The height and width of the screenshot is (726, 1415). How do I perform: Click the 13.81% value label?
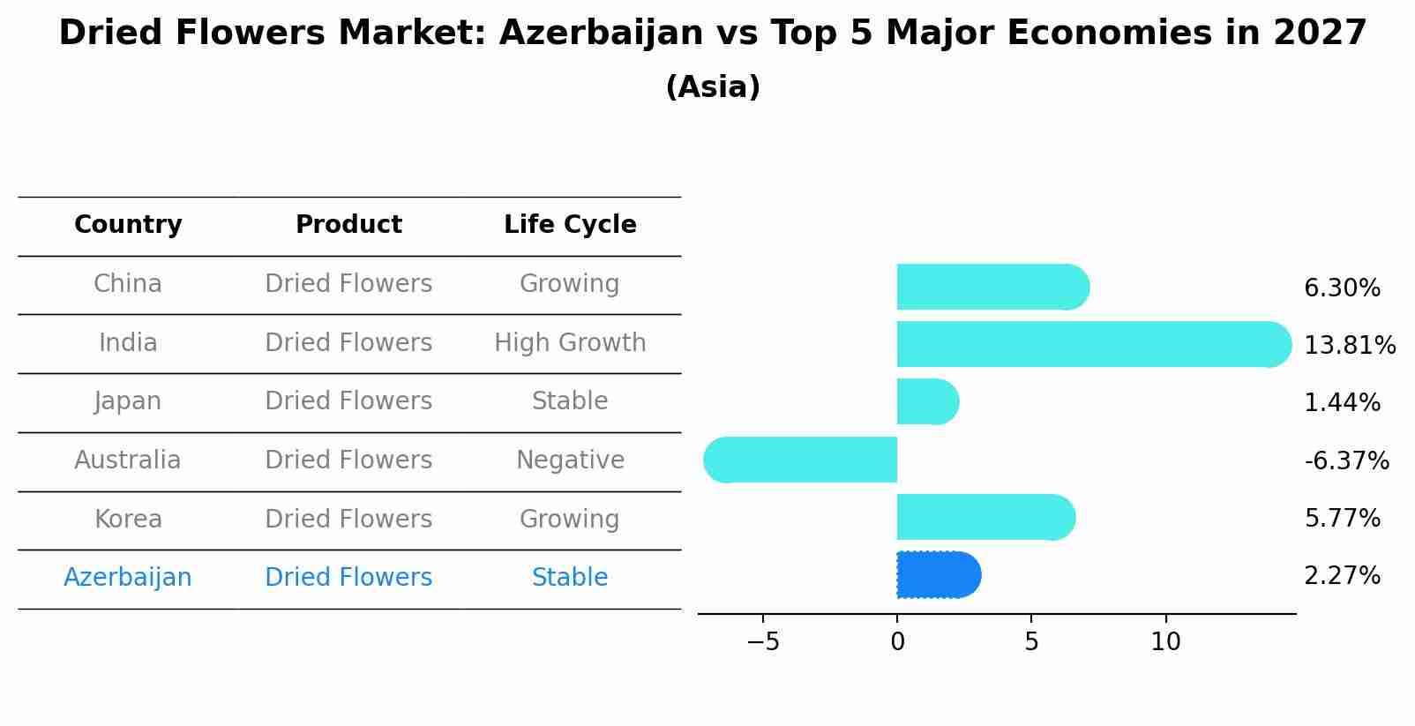1349,346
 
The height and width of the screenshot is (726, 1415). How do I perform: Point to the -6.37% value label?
1346,461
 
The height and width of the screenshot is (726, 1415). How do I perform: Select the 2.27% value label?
1342,576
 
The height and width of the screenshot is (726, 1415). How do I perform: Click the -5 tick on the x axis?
763,642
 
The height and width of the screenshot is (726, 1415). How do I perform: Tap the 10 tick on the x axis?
1165,642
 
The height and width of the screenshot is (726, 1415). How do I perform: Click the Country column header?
128,225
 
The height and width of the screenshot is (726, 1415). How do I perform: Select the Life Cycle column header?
570,225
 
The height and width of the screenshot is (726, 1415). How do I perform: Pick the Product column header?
348,225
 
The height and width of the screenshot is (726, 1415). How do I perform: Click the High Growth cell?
570,343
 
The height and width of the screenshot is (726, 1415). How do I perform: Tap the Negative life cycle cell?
570,460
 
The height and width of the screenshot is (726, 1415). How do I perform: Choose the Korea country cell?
128,520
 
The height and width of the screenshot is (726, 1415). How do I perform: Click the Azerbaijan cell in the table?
128,578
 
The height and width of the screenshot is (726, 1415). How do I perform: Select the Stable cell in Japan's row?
570,401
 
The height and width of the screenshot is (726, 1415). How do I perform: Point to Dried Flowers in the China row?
348,284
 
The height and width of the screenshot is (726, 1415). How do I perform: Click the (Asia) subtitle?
713,87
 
